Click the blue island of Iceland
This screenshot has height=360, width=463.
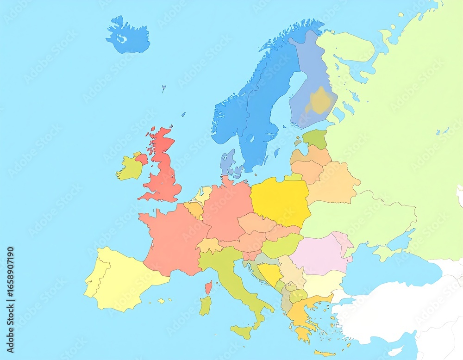(x=128, y=37)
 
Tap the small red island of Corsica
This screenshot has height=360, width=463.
(x=208, y=287)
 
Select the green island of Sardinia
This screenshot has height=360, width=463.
(x=205, y=306)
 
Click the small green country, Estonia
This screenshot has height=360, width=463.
(x=315, y=138)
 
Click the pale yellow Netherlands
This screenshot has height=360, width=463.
(x=203, y=195)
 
